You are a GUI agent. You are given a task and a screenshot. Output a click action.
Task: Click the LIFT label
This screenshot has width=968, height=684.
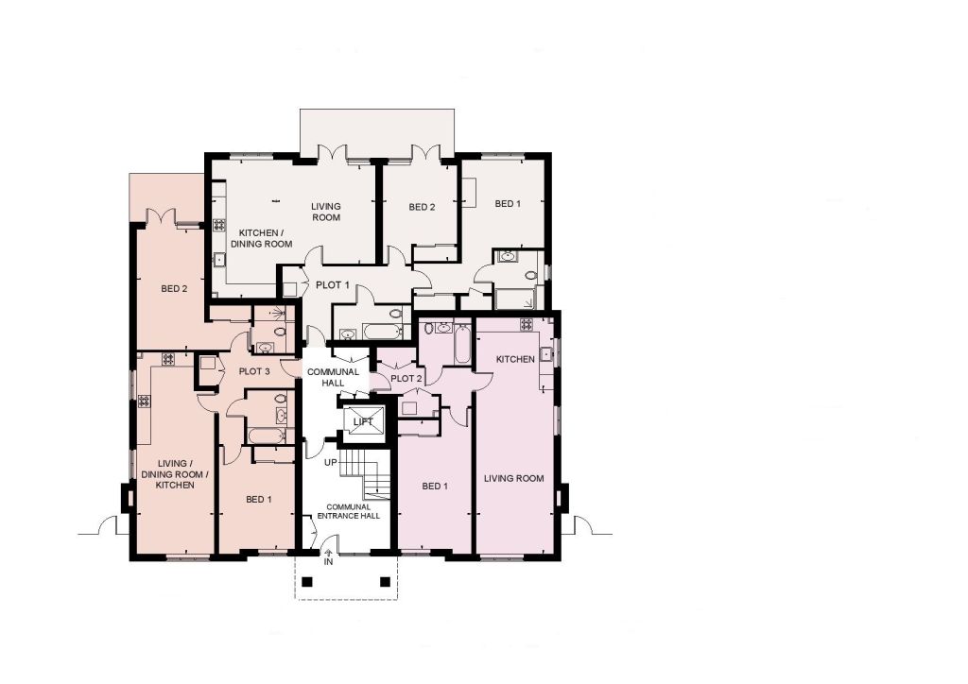(x=363, y=422)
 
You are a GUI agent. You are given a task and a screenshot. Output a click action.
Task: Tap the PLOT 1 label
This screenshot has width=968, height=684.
(x=332, y=285)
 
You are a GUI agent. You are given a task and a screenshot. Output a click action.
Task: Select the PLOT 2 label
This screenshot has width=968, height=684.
(x=406, y=378)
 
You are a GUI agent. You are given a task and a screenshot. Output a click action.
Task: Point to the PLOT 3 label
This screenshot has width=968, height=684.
(x=254, y=372)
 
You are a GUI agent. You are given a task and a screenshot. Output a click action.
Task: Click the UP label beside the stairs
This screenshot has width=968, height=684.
(x=331, y=463)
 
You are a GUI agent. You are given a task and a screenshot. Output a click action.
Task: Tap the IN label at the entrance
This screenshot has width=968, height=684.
(x=328, y=562)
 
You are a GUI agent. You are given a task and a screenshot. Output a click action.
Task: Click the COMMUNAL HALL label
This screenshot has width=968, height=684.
(x=333, y=378)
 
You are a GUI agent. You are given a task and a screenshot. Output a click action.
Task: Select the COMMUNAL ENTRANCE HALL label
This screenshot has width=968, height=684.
(x=349, y=511)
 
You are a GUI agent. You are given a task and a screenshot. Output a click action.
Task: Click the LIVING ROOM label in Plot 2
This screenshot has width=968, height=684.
(x=513, y=479)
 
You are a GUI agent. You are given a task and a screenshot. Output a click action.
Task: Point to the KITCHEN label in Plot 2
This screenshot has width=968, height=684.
(x=515, y=360)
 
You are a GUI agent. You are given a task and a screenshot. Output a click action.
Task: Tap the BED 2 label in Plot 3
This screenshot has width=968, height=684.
(x=174, y=289)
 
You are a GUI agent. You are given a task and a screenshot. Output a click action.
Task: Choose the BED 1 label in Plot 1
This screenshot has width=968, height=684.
(x=508, y=204)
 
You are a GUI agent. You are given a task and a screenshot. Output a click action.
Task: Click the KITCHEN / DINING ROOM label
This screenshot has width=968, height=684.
(x=261, y=239)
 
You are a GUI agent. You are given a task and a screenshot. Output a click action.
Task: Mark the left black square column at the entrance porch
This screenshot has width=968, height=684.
(x=308, y=582)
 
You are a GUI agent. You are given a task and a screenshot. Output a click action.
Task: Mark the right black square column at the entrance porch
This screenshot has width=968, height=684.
(x=386, y=582)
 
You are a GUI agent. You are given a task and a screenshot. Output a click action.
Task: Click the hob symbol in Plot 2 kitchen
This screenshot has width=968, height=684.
(x=527, y=324)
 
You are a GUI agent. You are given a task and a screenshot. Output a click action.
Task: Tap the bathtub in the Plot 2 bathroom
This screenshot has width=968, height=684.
(x=463, y=344)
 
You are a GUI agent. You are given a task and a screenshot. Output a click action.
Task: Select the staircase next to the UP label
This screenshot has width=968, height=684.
(x=367, y=473)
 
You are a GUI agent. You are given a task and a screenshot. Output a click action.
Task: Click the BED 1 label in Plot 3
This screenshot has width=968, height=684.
(x=259, y=500)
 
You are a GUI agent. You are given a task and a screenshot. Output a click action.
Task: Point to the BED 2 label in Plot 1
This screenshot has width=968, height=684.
(x=422, y=207)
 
